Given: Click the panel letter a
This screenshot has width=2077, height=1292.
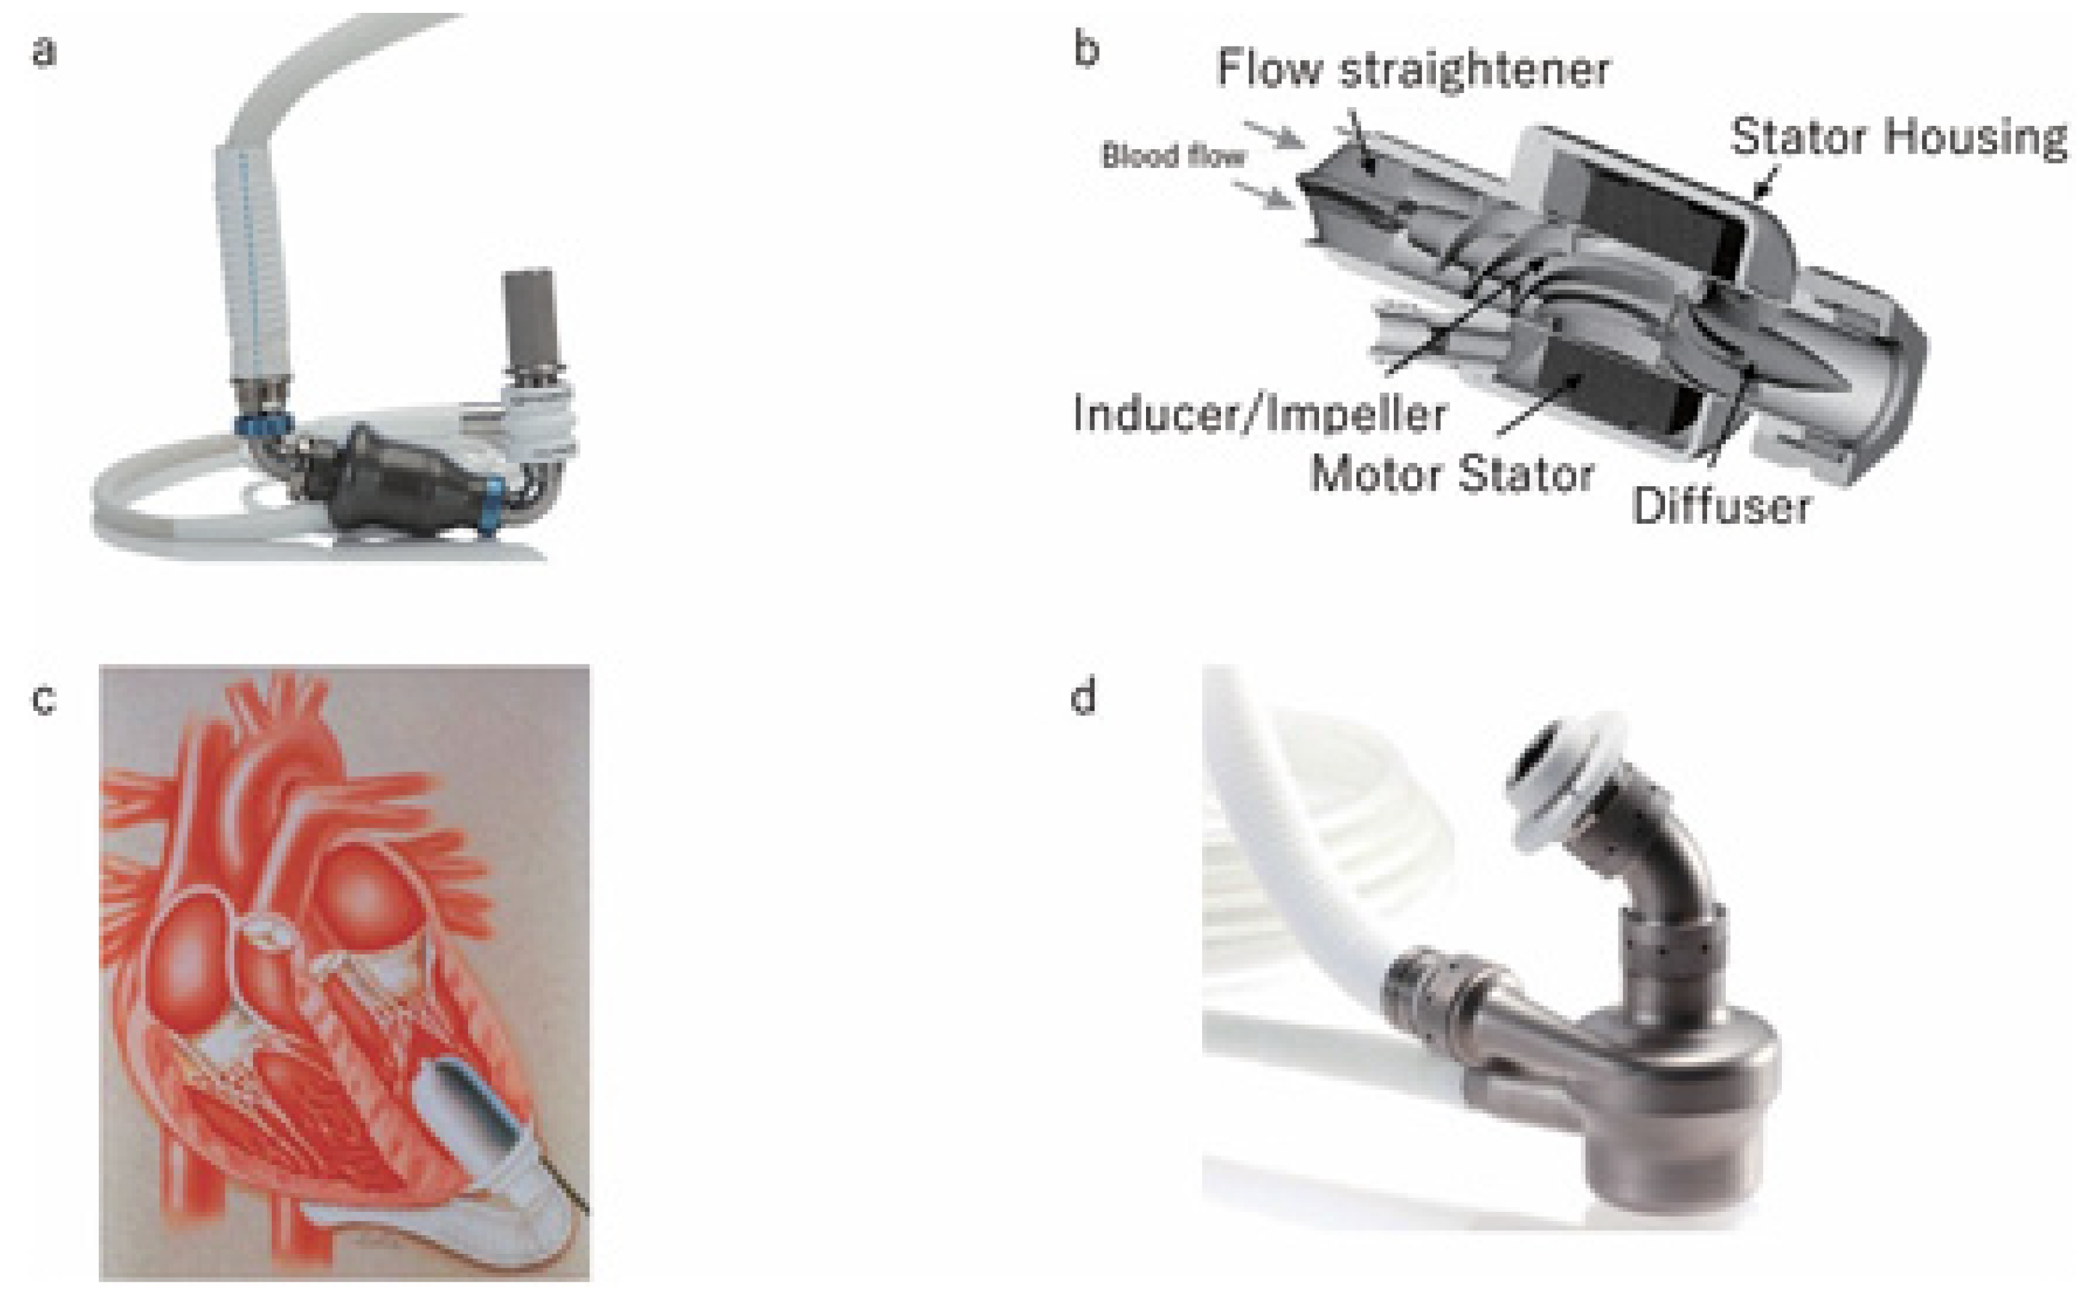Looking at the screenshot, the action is tap(45, 51).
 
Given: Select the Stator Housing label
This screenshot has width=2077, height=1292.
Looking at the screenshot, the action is tap(1898, 137).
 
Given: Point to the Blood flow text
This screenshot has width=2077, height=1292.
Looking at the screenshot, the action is tap(1172, 156).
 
